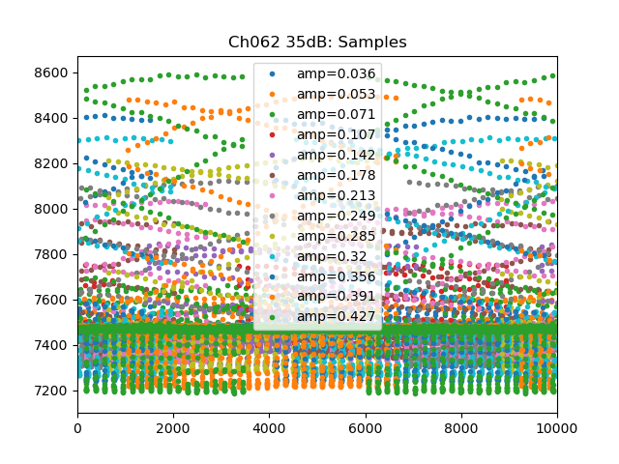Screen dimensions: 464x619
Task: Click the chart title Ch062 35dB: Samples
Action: [317, 43]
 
